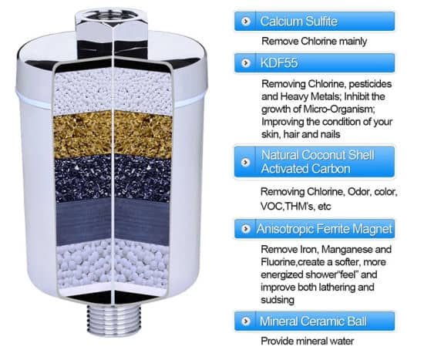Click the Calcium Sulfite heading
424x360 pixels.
point(299,21)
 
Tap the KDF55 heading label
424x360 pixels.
point(279,62)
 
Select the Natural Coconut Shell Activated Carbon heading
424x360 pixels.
point(318,162)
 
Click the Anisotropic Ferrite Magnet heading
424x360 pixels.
point(325,229)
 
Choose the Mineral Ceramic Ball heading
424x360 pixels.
point(313,321)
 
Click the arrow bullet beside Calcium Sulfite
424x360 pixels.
point(245,21)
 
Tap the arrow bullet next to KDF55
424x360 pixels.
point(245,63)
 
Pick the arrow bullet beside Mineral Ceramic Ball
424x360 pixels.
point(245,321)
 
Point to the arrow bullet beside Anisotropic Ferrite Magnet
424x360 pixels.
point(245,229)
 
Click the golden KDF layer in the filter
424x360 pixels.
point(113,134)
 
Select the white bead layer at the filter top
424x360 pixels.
point(113,91)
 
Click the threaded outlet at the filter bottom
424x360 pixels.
point(114,320)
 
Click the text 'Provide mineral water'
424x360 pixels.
point(307,341)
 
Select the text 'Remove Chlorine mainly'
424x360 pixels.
point(315,42)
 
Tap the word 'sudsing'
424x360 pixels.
point(278,300)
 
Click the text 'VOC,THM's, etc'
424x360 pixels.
point(295,207)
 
